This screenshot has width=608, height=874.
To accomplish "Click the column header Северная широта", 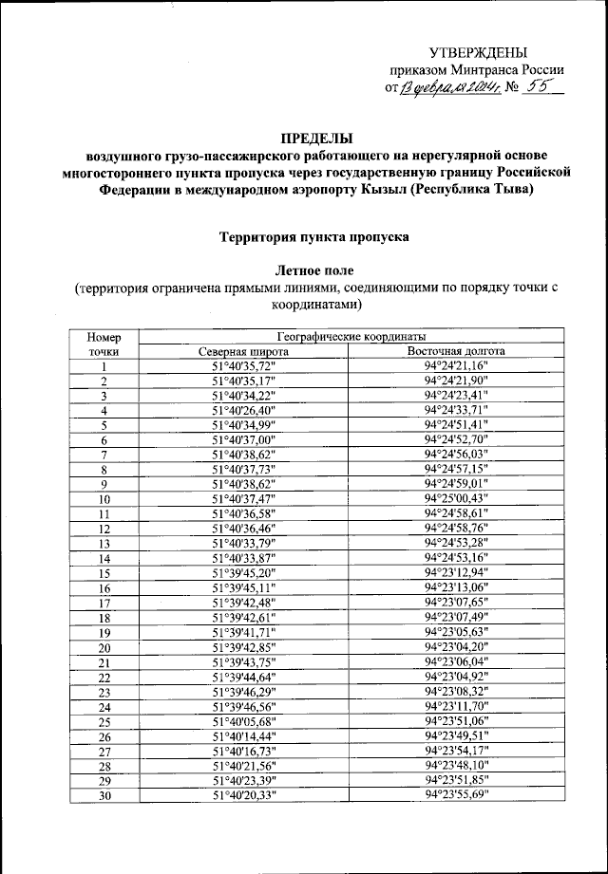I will click(x=243, y=350).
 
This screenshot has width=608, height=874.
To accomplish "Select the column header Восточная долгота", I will click(x=456, y=350).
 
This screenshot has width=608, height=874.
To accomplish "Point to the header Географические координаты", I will click(x=351, y=336).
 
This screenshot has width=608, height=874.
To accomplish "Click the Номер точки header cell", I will click(x=104, y=344).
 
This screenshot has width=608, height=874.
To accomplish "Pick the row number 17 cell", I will click(x=104, y=603).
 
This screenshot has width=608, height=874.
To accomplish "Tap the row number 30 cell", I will click(x=104, y=795).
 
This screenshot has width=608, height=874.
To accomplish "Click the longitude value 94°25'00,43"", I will click(x=456, y=498).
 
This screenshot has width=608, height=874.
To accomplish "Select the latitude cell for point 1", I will click(x=243, y=365).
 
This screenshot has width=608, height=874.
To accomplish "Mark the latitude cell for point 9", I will click(x=243, y=484).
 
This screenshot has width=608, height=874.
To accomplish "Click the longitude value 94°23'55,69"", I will click(x=456, y=795).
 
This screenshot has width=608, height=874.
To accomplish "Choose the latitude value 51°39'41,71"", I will click(x=243, y=632).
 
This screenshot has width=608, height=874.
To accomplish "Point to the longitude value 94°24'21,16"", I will click(x=456, y=365).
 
